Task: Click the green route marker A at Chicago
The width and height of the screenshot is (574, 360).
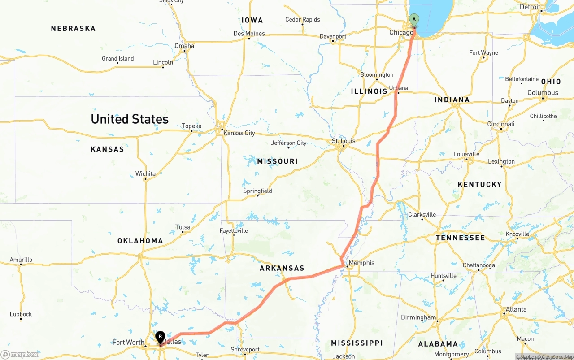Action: click(x=414, y=20)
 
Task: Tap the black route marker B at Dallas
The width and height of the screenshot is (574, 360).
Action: click(x=160, y=337)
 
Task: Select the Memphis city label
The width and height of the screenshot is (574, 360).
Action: click(x=361, y=263)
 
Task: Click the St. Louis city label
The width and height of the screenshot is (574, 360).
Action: click(x=344, y=141)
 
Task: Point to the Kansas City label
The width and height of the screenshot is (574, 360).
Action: click(x=239, y=133)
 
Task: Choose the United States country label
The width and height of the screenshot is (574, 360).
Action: click(x=130, y=119)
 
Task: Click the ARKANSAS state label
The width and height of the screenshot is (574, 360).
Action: click(x=282, y=268)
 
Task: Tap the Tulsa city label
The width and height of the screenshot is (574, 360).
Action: click(x=183, y=227)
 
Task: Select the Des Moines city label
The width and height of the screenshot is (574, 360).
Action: click(x=249, y=34)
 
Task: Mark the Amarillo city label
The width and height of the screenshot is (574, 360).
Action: click(x=21, y=260)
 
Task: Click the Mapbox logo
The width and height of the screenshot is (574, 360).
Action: click(x=20, y=354)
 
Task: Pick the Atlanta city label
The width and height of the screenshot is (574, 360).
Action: click(x=516, y=309)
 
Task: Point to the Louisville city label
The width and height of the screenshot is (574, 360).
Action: click(x=466, y=154)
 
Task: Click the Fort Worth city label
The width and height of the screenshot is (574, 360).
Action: click(x=128, y=343)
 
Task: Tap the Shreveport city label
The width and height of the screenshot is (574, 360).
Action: click(x=245, y=350)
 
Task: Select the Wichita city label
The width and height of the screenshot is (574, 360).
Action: click(x=145, y=174)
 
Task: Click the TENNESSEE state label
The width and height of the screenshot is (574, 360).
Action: click(x=460, y=238)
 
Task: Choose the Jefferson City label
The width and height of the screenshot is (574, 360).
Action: click(x=289, y=143)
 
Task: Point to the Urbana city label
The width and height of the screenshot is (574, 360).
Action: click(x=399, y=88)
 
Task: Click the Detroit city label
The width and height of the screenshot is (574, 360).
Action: click(x=530, y=7)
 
